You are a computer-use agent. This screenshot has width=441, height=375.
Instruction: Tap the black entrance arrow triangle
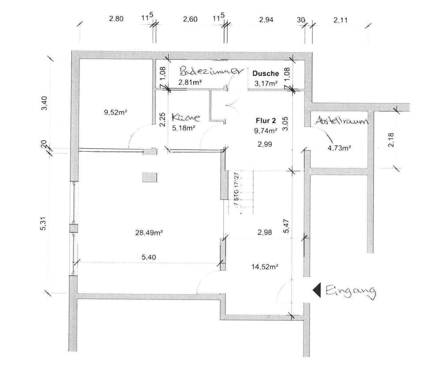(317, 290)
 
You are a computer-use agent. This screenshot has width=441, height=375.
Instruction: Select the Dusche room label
(266, 73)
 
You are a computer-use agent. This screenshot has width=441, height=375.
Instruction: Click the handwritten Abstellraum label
(341, 120)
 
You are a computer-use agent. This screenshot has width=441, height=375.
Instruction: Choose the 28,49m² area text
(149, 233)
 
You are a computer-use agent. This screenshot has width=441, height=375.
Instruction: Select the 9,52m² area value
(116, 112)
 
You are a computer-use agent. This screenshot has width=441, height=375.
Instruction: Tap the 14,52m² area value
(265, 267)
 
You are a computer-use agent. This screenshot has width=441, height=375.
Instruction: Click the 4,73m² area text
(339, 148)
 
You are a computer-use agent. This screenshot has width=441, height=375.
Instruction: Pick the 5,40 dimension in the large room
(149, 257)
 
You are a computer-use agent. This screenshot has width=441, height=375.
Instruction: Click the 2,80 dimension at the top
(116, 19)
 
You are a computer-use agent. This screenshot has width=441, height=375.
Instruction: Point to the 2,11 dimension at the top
(341, 20)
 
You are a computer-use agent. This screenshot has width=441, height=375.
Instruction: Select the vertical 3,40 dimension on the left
(45, 103)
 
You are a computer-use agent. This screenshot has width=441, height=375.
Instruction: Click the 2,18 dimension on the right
(391, 140)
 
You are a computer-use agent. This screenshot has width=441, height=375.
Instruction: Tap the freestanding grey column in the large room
(149, 177)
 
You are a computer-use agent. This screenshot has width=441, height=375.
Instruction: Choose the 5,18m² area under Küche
(184, 128)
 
